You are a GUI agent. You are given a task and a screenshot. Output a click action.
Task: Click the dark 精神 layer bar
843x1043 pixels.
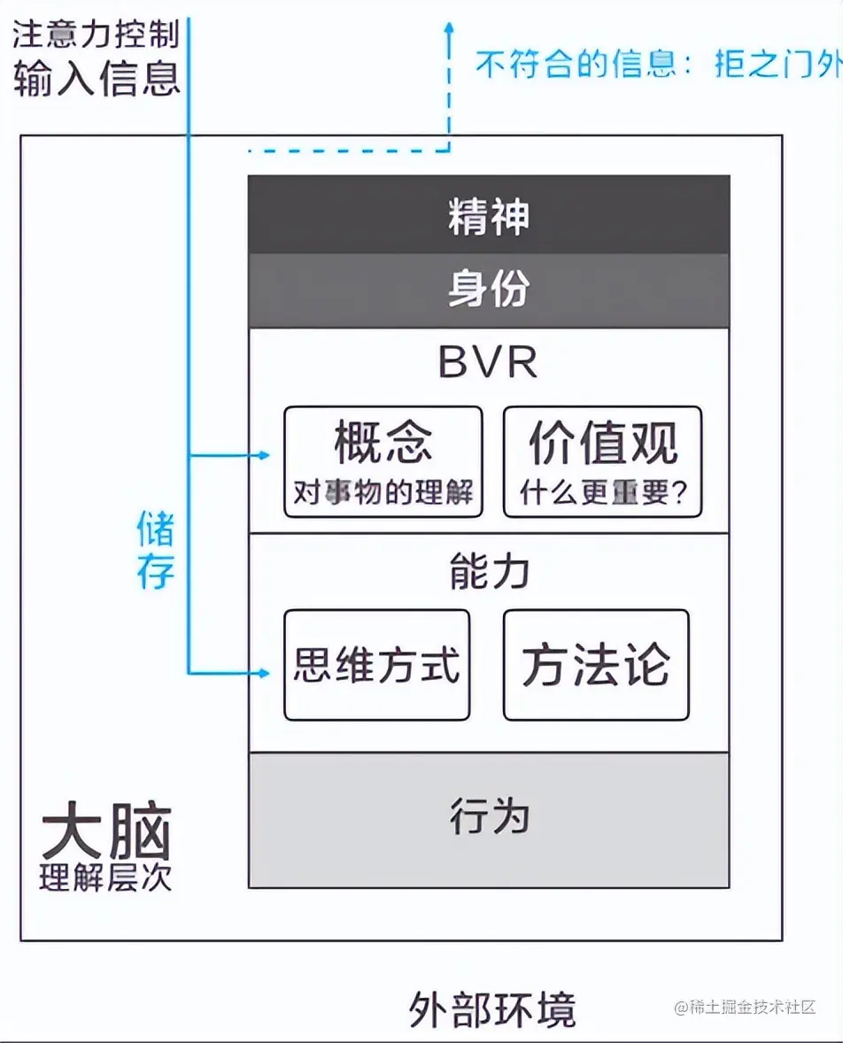coord(488,215)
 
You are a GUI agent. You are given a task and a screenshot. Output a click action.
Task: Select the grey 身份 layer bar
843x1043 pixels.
coord(488,290)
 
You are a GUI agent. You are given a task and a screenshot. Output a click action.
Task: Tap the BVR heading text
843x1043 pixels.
coord(488,363)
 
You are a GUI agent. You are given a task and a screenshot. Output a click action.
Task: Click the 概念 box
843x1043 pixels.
coord(383,461)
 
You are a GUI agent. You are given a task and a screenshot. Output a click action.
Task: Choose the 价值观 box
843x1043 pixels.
coord(602,461)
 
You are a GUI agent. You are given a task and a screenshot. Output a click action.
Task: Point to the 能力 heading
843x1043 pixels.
coord(488,573)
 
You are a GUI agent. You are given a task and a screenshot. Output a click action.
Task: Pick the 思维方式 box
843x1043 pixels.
coord(377,665)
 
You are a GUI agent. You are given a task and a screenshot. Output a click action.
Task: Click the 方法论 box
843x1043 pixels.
coord(596,665)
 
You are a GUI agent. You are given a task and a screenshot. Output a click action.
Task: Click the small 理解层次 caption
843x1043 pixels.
coord(105,877)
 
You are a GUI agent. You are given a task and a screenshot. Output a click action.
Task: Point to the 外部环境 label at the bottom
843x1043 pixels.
coord(492,1008)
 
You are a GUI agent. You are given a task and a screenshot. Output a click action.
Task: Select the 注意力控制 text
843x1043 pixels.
coord(96,35)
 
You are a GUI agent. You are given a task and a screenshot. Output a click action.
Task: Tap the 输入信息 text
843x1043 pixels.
coord(96,78)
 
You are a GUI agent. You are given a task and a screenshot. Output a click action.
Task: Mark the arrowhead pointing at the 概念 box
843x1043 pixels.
coord(263,456)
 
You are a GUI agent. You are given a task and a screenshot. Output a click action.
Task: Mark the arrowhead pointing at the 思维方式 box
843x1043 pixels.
coord(263,673)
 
